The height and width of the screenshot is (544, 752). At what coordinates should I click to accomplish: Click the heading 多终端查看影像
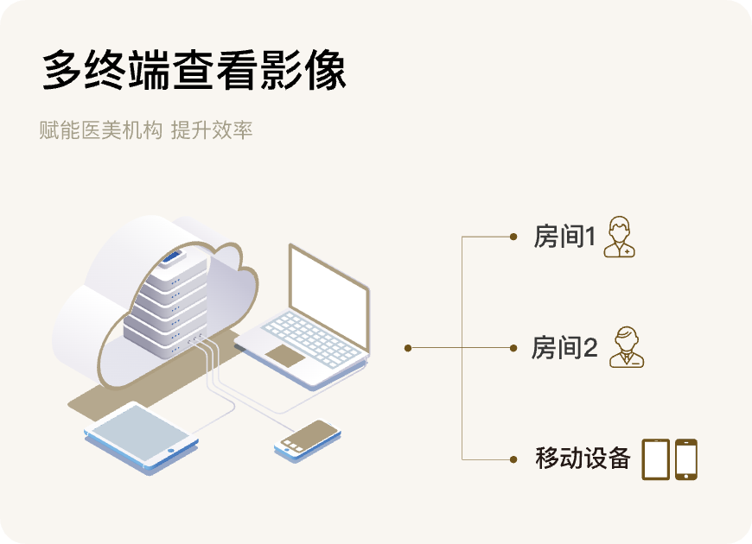point(194,71)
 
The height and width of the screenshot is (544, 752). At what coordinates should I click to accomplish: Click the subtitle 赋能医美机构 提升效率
point(145,131)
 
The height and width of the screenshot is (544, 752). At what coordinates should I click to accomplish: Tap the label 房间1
point(564,237)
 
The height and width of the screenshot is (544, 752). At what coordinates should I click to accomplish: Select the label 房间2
point(564,348)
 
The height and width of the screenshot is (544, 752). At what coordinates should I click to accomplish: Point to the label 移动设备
point(583,459)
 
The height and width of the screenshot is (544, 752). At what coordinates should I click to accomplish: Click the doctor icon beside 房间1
point(619,237)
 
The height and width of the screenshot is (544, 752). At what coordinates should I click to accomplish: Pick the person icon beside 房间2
point(627,347)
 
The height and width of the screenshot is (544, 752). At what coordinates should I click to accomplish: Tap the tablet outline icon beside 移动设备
point(655,459)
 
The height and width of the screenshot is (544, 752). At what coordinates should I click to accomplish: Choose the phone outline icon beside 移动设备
point(686,459)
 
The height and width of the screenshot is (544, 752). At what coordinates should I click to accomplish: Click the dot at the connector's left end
point(408,348)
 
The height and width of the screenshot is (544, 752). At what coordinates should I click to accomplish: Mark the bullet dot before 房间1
point(513,237)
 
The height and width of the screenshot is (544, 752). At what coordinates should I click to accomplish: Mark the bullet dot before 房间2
point(513,348)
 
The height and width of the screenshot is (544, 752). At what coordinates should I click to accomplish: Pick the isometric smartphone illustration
point(306,438)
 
